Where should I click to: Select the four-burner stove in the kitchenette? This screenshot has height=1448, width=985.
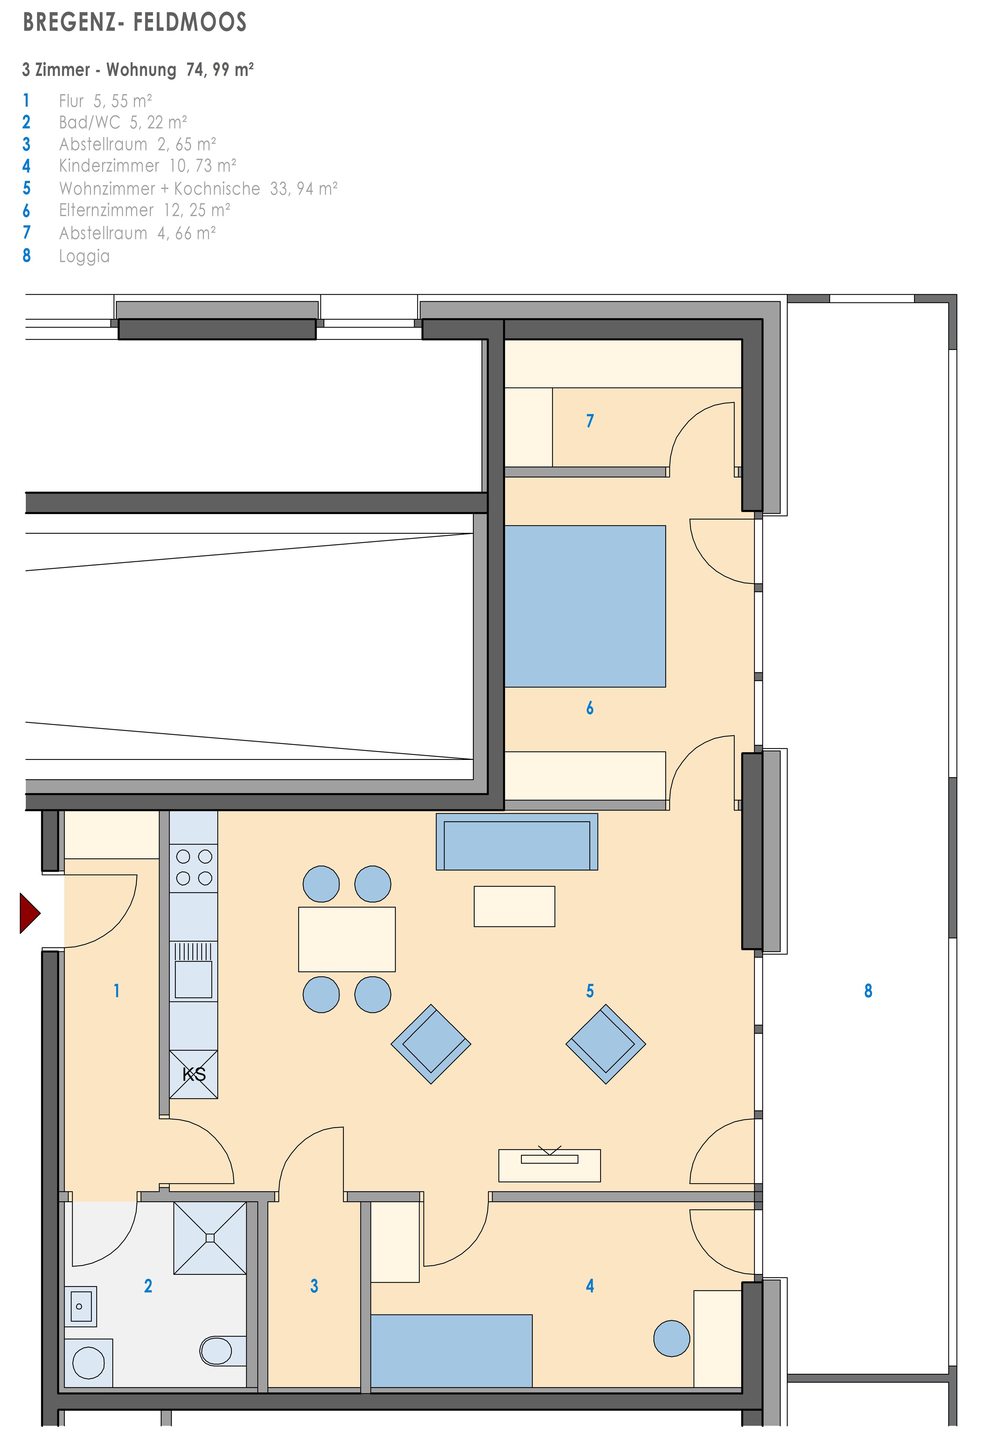pyautogui.click(x=194, y=867)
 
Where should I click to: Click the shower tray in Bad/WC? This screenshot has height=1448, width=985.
pyautogui.click(x=210, y=1238)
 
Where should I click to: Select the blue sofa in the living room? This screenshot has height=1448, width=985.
pyautogui.click(x=516, y=842)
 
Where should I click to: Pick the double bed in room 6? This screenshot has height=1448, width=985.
pyautogui.click(x=584, y=606)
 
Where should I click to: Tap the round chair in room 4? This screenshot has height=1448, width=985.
pyautogui.click(x=672, y=1338)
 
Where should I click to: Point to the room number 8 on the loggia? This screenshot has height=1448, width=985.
pyautogui.click(x=868, y=991)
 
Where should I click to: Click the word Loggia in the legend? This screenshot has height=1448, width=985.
pyautogui.click(x=84, y=256)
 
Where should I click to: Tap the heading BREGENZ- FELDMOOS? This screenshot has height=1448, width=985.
pyautogui.click(x=135, y=22)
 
